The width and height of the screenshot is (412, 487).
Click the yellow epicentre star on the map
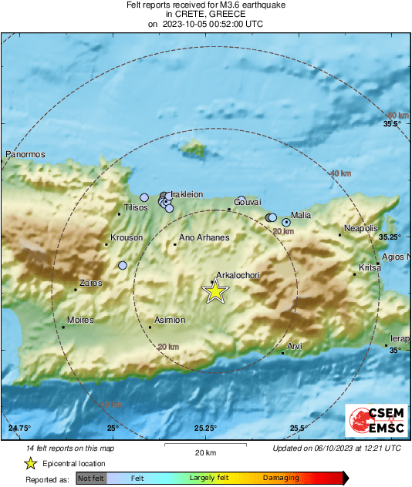tap(215, 291)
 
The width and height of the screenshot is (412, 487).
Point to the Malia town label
tap(302, 216)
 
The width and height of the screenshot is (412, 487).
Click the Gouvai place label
tap(248, 201)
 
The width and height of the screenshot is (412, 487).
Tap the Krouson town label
tap(127, 238)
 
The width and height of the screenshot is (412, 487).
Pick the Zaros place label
tap(90, 284)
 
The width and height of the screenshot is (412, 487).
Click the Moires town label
tap(80, 320)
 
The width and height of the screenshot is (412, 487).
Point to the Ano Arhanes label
tap(204, 238)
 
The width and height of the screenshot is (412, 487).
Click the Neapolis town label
tap(360, 229)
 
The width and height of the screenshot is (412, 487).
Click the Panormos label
tap(25, 155)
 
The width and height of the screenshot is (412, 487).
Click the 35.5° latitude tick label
tap(393, 124)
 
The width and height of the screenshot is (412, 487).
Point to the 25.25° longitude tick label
tap(206, 428)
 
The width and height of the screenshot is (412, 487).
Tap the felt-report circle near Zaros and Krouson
tap(123, 266)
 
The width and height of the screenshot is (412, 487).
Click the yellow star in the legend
tap(30, 464)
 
